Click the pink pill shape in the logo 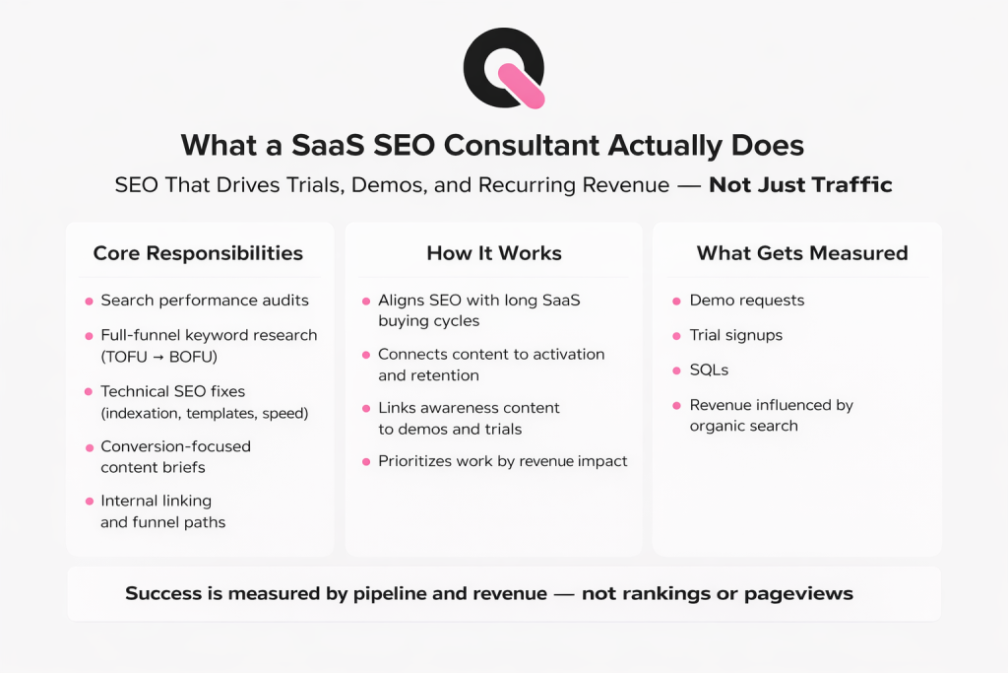pos(521,85)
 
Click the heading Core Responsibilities pos(198,253)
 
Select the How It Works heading pos(494,253)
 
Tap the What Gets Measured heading pos(802,253)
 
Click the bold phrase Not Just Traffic pos(800,184)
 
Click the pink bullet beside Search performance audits pos(89,301)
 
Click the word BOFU pos(201,356)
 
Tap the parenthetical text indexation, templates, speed pos(205,413)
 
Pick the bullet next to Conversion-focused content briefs pos(89,446)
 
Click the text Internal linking pos(156,501)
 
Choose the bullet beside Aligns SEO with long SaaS pos(366,301)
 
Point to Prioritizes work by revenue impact pos(502,461)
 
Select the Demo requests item pos(746,301)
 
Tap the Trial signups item pos(735,335)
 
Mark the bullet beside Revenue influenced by pos(676,405)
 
